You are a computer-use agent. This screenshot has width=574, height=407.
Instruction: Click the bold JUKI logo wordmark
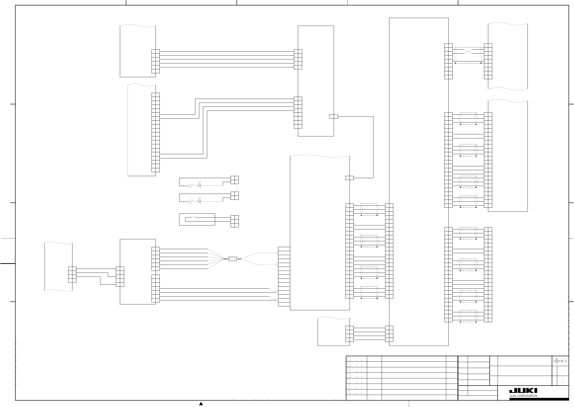tap(523, 391)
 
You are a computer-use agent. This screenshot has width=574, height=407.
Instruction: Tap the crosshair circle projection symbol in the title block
tap(556, 361)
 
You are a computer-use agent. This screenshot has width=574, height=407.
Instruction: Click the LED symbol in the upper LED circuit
tap(199, 186)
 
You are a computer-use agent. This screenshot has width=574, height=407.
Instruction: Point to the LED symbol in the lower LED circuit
tap(199, 201)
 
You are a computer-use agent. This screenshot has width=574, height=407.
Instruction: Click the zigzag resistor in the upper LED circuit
tap(190, 186)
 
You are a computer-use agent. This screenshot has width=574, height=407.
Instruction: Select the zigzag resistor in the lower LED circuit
tap(190, 201)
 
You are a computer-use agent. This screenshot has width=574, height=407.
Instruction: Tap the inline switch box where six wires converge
tap(233, 259)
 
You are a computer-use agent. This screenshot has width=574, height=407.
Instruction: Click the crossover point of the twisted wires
tap(468, 51)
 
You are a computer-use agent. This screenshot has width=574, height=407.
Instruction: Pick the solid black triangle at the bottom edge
tap(201, 404)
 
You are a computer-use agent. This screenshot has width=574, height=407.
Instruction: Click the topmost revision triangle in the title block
tap(349, 359)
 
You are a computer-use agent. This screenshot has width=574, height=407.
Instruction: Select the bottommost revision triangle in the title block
tap(349, 392)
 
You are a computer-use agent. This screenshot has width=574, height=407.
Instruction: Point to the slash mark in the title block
tap(563, 380)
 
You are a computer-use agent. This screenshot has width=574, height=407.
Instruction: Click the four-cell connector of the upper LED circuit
tap(235, 180)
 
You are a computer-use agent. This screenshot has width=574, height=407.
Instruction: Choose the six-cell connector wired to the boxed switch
tap(235, 221)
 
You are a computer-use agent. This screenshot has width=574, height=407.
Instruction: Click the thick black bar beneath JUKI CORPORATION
tap(539, 399)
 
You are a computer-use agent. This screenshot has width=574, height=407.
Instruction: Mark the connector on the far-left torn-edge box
tap(72, 275)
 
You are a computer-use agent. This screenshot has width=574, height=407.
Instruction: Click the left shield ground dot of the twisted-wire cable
tap(456, 63)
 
